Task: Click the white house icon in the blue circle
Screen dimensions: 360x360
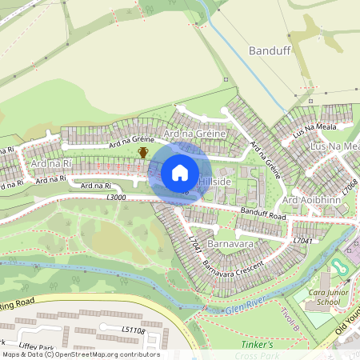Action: tap(180, 173)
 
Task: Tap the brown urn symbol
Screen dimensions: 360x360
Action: tap(143, 152)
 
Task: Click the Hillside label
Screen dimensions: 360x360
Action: tap(214, 183)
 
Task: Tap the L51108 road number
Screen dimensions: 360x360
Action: tap(133, 330)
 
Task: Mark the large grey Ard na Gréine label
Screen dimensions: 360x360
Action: tap(194, 133)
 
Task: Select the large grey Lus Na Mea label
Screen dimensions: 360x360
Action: tap(334, 147)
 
